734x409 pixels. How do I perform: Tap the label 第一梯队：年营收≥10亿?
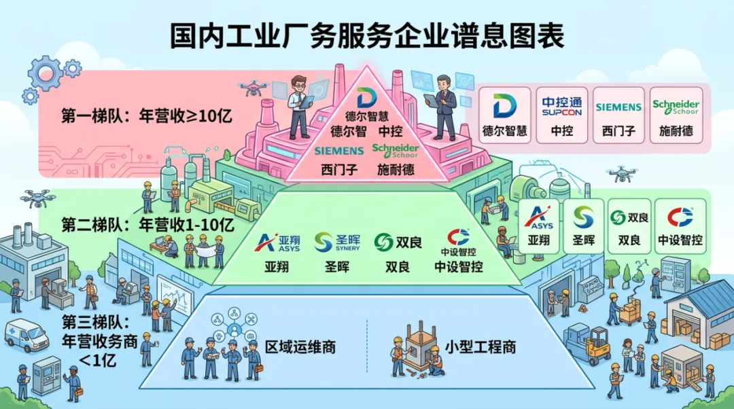tap(147, 115)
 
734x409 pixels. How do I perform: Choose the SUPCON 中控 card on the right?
tap(561, 115)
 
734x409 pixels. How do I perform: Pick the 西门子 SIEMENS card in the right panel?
tap(618, 115)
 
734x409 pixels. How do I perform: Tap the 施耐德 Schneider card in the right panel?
tap(676, 115)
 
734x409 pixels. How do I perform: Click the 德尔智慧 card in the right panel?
tap(504, 115)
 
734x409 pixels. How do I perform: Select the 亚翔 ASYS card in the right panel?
tap(539, 226)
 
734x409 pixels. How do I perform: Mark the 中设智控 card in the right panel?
tap(680, 226)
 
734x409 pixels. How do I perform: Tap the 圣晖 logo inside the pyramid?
tap(332, 243)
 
